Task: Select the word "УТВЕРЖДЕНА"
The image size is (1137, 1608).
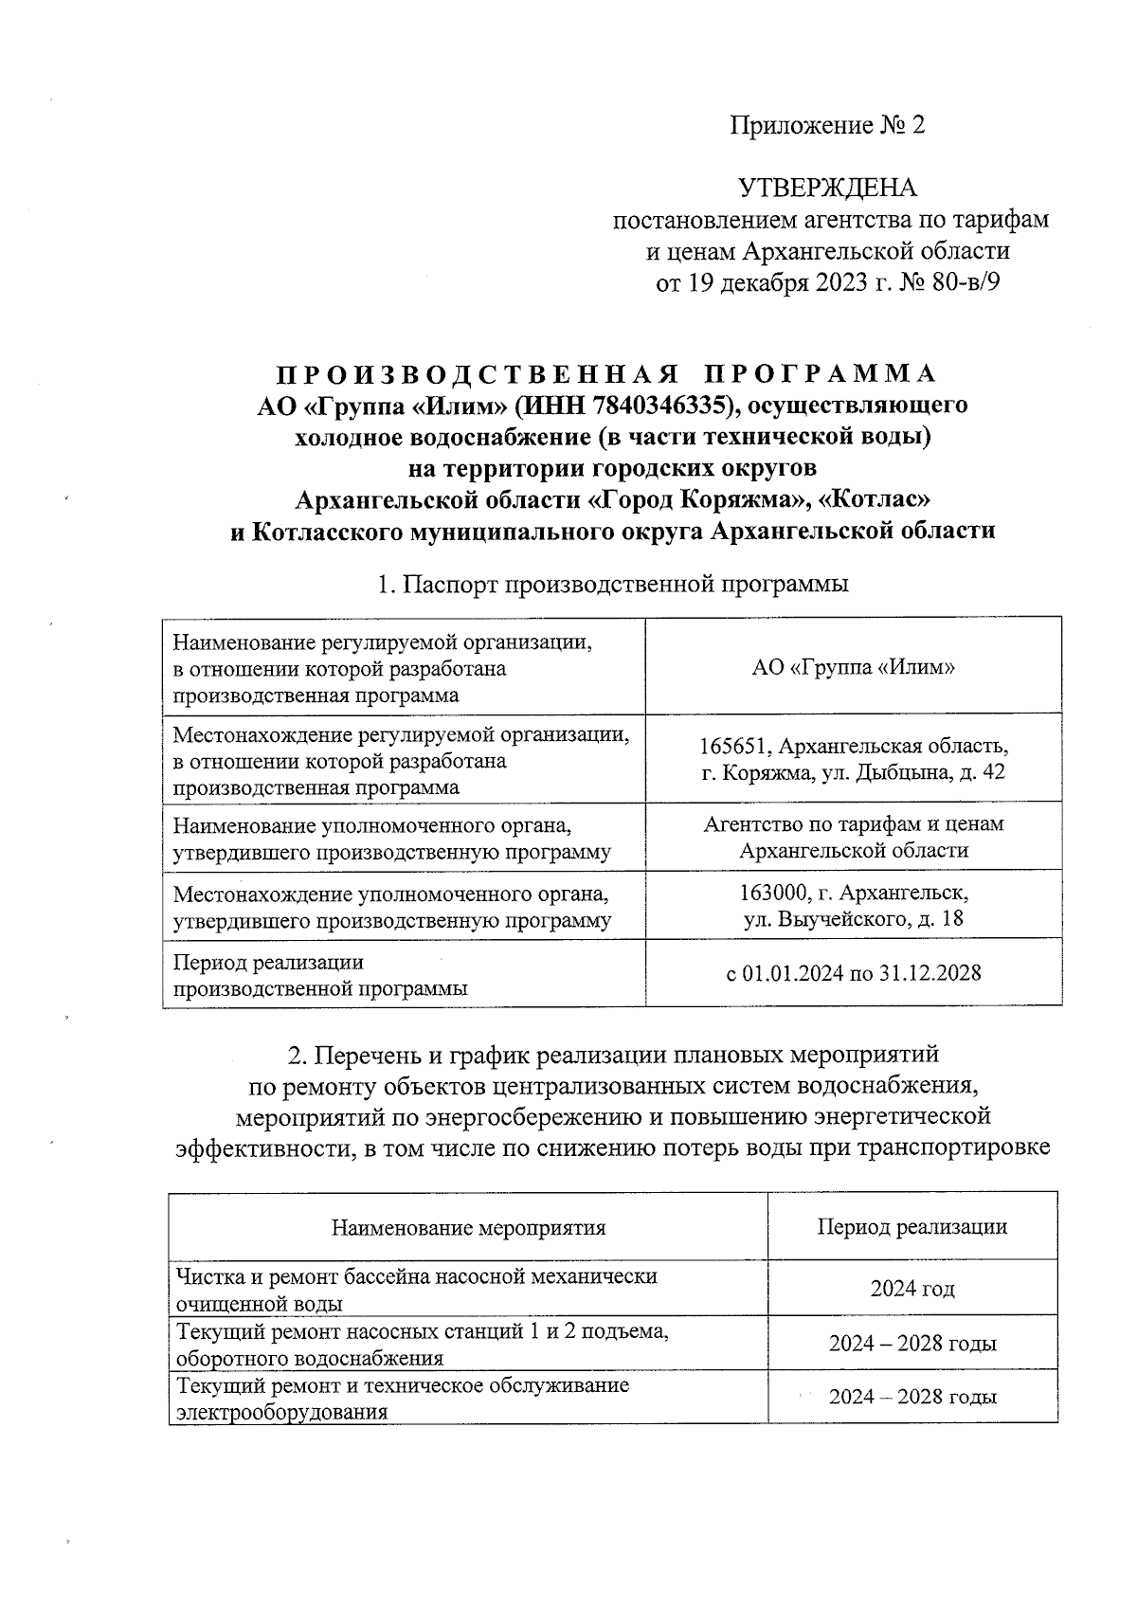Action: click(x=827, y=188)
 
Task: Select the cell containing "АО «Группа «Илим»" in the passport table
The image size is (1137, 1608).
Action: click(x=853, y=667)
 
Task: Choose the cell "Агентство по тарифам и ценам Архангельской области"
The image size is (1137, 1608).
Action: click(x=853, y=837)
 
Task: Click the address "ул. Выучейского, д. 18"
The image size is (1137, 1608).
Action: click(x=853, y=919)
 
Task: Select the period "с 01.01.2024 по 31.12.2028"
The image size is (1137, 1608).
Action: click(x=853, y=973)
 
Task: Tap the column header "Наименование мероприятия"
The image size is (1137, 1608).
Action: click(x=468, y=1228)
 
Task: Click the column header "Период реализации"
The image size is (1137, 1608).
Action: click(x=911, y=1227)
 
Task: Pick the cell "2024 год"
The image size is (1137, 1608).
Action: click(x=911, y=1289)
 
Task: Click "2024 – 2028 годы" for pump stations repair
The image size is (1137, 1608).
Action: click(x=911, y=1344)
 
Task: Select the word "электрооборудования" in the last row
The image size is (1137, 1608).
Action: click(x=282, y=1412)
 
